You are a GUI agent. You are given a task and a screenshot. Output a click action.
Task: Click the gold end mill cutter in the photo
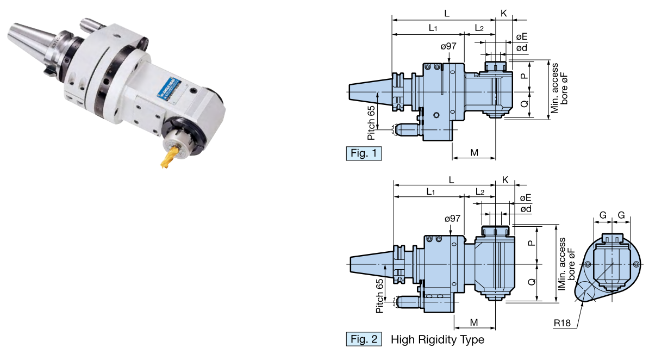pyautogui.click(x=169, y=157)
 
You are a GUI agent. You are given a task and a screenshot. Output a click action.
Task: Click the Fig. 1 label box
pyautogui.click(x=364, y=153)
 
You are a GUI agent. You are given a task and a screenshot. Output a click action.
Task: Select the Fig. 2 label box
pyautogui.click(x=364, y=340)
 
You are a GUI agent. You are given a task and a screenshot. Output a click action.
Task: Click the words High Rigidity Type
pyautogui.click(x=437, y=340)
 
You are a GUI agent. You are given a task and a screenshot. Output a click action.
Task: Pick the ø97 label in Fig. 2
pyautogui.click(x=452, y=218)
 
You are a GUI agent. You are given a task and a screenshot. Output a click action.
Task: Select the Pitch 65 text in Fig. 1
pyautogui.click(x=371, y=117)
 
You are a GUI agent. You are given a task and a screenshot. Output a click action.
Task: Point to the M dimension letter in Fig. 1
pyautogui.click(x=474, y=152)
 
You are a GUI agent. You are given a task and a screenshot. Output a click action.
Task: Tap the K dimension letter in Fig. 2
pyautogui.click(x=505, y=180)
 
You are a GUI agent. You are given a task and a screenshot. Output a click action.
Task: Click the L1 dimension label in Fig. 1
pyautogui.click(x=433, y=28)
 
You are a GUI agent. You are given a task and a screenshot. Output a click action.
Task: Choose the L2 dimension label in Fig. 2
pyautogui.click(x=480, y=192)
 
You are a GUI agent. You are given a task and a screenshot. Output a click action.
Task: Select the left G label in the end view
pyautogui.click(x=603, y=216)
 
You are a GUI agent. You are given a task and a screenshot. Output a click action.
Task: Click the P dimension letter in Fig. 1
pyautogui.click(x=523, y=76)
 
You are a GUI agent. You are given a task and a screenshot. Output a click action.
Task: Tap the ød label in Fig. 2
pyautogui.click(x=526, y=209)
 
